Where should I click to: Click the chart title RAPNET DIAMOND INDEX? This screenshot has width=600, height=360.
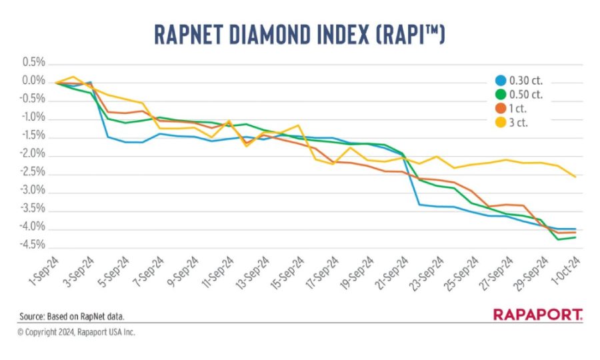click(x=299, y=33)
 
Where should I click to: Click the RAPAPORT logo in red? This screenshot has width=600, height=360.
click(x=538, y=315)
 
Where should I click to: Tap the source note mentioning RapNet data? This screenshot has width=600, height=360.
click(x=71, y=316)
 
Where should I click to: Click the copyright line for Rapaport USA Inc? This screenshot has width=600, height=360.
click(x=76, y=331)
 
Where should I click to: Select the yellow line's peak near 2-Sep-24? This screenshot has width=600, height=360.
click(x=73, y=77)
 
